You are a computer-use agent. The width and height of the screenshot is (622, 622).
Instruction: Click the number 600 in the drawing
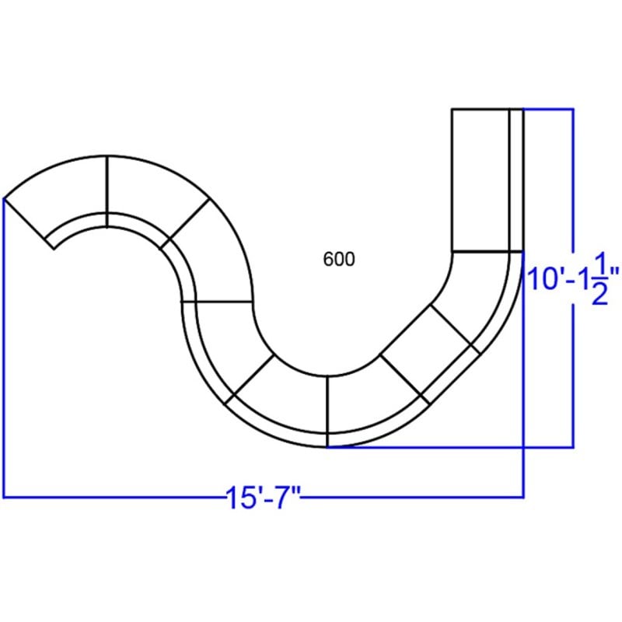[339, 259]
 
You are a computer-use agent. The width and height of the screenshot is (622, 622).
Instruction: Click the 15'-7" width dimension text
[263, 498]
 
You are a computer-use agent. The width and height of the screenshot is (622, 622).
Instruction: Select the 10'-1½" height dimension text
[573, 278]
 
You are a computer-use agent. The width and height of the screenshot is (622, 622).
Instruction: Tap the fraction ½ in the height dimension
[599, 278]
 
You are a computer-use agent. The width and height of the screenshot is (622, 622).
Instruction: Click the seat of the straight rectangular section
[480, 180]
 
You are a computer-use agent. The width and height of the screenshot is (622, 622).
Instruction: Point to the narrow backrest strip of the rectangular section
[516, 180]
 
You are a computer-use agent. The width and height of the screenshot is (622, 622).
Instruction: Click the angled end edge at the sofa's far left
[29, 223]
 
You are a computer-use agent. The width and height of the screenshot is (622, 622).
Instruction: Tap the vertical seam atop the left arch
[107, 192]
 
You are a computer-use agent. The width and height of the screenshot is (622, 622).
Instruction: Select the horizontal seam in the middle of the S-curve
[217, 302]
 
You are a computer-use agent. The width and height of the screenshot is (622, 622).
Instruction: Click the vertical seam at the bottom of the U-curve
[327, 411]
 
